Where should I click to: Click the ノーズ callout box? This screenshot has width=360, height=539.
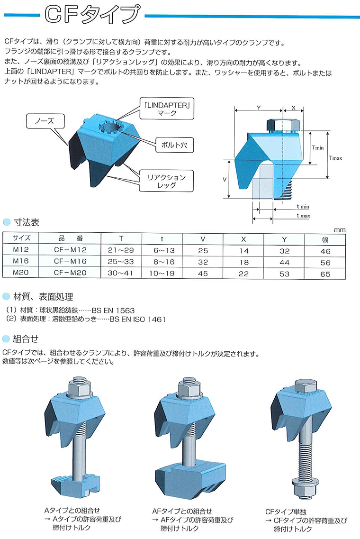click(45, 121)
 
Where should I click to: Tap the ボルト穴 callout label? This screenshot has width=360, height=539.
click(174, 145)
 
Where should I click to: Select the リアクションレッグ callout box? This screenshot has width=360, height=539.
click(166, 181)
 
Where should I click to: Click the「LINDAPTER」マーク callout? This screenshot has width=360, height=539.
click(167, 109)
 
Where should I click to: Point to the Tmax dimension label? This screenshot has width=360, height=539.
click(335, 158)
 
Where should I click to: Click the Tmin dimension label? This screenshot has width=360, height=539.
click(317, 148)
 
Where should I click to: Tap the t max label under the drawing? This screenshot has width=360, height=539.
click(303, 216)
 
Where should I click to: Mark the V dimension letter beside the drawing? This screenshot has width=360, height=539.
click(225, 180)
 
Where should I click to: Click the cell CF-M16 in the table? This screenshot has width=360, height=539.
click(70, 262)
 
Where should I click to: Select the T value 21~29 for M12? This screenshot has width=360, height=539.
click(121, 250)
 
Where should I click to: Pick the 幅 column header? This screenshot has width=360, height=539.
click(325, 239)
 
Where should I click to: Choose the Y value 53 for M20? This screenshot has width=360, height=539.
click(284, 274)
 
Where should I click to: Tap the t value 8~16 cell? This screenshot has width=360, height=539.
click(162, 262)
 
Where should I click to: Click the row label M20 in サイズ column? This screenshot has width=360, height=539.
click(21, 273)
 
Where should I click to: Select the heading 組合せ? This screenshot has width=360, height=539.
click(26, 339)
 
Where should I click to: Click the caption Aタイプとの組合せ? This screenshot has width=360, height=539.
click(72, 511)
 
